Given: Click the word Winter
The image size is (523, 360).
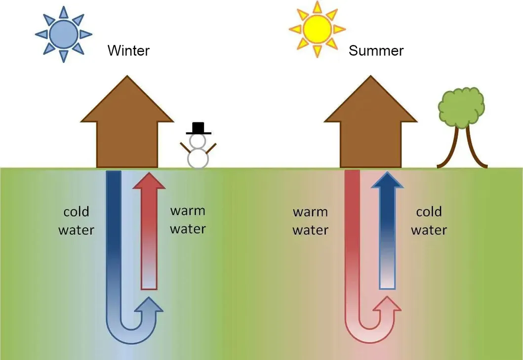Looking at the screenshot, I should point(128,50).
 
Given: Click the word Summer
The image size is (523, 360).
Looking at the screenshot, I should point(376,51).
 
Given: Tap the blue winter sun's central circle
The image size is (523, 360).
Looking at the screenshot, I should point(64,34).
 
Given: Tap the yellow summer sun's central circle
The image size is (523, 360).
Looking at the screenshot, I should point(317,29).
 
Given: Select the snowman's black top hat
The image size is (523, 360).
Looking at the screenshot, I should point(199,128).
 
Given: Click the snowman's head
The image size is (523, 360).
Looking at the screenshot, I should point(198,141).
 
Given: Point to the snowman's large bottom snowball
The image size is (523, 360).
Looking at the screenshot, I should point(198,158).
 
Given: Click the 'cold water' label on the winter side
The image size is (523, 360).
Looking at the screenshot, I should point(76,221).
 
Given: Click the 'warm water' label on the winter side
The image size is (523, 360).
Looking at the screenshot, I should point(188,220).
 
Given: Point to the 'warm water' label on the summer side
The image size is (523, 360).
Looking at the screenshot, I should point(310,221).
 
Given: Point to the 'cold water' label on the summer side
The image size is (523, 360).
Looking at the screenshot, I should point(429,221).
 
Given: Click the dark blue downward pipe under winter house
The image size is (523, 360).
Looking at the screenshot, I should point(114,212).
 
